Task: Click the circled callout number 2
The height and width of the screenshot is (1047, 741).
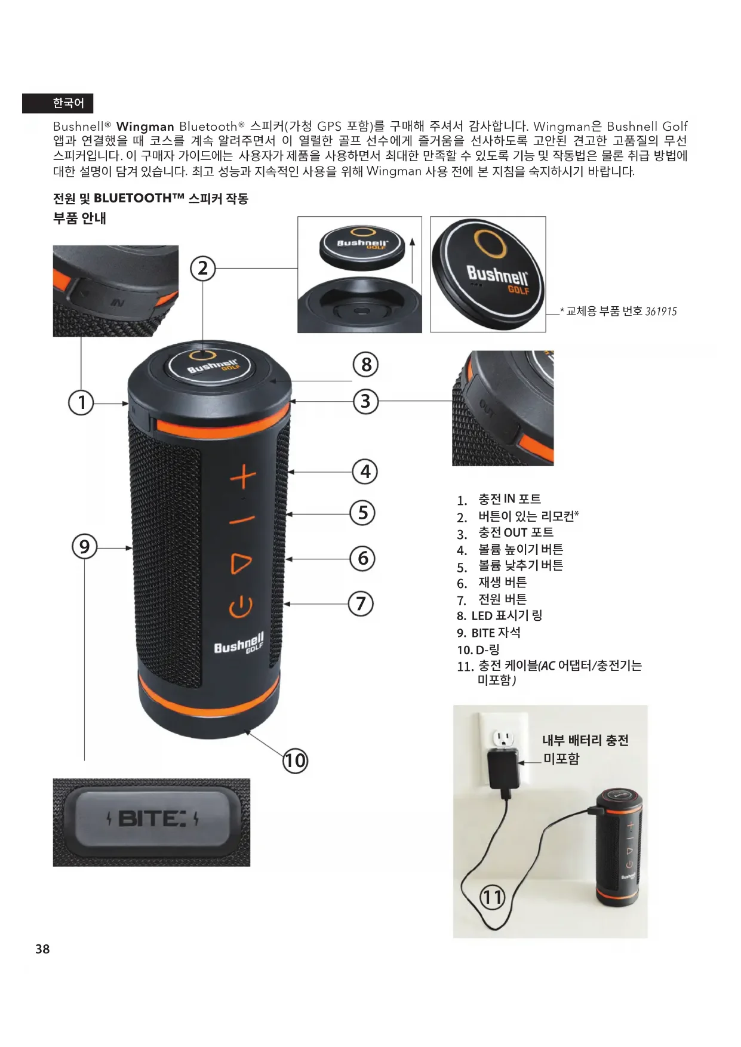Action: click(203, 269)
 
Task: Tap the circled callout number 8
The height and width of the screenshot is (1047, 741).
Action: click(366, 365)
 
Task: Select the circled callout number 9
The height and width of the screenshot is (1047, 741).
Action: click(84, 547)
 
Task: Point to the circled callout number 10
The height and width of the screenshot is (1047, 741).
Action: click(295, 761)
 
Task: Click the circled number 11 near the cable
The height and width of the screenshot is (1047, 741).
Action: click(493, 897)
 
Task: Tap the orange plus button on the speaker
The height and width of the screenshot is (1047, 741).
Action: click(244, 478)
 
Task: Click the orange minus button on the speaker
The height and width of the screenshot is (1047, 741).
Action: click(242, 520)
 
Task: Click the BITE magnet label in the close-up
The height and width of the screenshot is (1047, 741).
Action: click(152, 818)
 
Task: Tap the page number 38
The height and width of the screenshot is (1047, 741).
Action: click(42, 949)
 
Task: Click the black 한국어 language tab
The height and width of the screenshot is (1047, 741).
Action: click(58, 103)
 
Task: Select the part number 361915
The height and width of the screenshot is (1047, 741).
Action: click(661, 311)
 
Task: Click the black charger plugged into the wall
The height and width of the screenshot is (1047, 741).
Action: click(504, 770)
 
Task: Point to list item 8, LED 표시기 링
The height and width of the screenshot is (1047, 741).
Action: click(499, 615)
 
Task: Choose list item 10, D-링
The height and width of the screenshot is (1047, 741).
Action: click(478, 649)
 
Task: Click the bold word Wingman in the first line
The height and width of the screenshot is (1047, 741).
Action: click(145, 127)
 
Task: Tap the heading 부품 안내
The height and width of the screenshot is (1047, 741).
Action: click(79, 218)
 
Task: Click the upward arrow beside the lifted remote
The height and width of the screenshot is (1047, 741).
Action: click(412, 260)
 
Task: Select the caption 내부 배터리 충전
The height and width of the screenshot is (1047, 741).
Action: click(585, 740)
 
